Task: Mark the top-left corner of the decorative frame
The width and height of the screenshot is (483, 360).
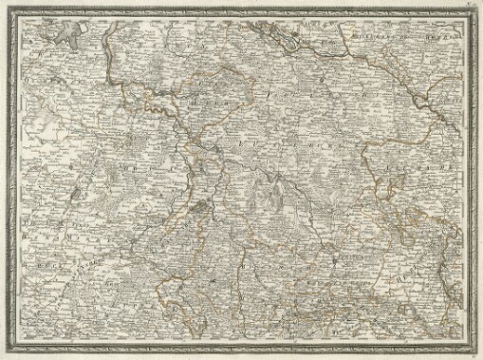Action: pos(12,11)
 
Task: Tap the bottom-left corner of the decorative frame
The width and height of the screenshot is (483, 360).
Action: pos(12,348)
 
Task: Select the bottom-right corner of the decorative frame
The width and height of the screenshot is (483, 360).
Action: pos(471,348)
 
